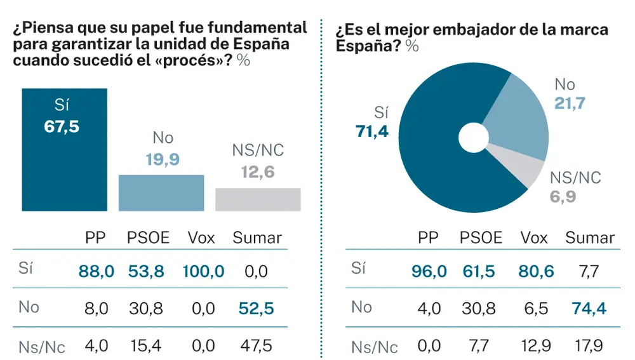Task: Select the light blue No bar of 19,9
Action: [x=161, y=192]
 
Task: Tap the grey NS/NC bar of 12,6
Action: [x=258, y=199]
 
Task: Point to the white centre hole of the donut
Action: [x=474, y=138]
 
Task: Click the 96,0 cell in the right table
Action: [x=429, y=272]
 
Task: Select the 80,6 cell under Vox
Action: [x=536, y=272]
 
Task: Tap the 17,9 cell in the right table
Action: [x=589, y=347]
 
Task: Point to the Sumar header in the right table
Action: [x=589, y=238]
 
